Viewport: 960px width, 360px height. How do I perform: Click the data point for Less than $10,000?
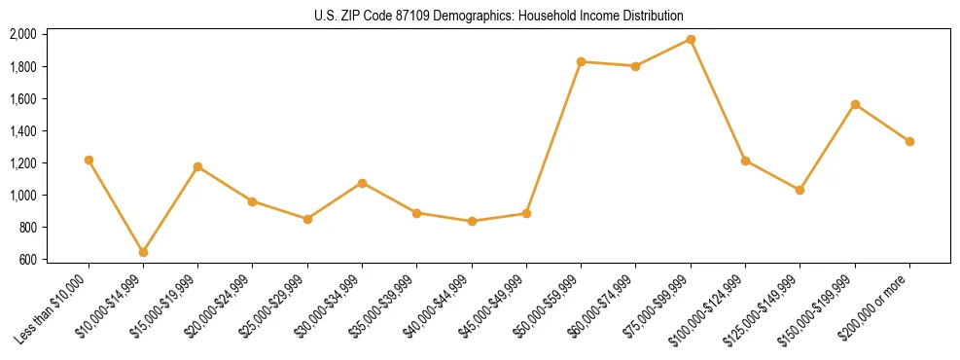tap(89, 160)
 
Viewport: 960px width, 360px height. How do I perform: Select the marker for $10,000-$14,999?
tap(143, 252)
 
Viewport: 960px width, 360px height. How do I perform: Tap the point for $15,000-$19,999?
tap(197, 166)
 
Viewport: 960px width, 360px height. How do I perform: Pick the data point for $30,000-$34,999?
tap(362, 183)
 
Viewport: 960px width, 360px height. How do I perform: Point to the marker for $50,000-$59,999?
tap(581, 61)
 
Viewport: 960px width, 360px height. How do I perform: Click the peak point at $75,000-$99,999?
tap(691, 39)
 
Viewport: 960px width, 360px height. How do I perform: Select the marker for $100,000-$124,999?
tap(745, 161)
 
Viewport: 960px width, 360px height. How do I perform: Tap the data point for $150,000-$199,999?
tap(855, 104)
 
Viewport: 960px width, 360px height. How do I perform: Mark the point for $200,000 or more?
tap(909, 141)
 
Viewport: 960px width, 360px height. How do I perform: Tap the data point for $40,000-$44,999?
tap(472, 221)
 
